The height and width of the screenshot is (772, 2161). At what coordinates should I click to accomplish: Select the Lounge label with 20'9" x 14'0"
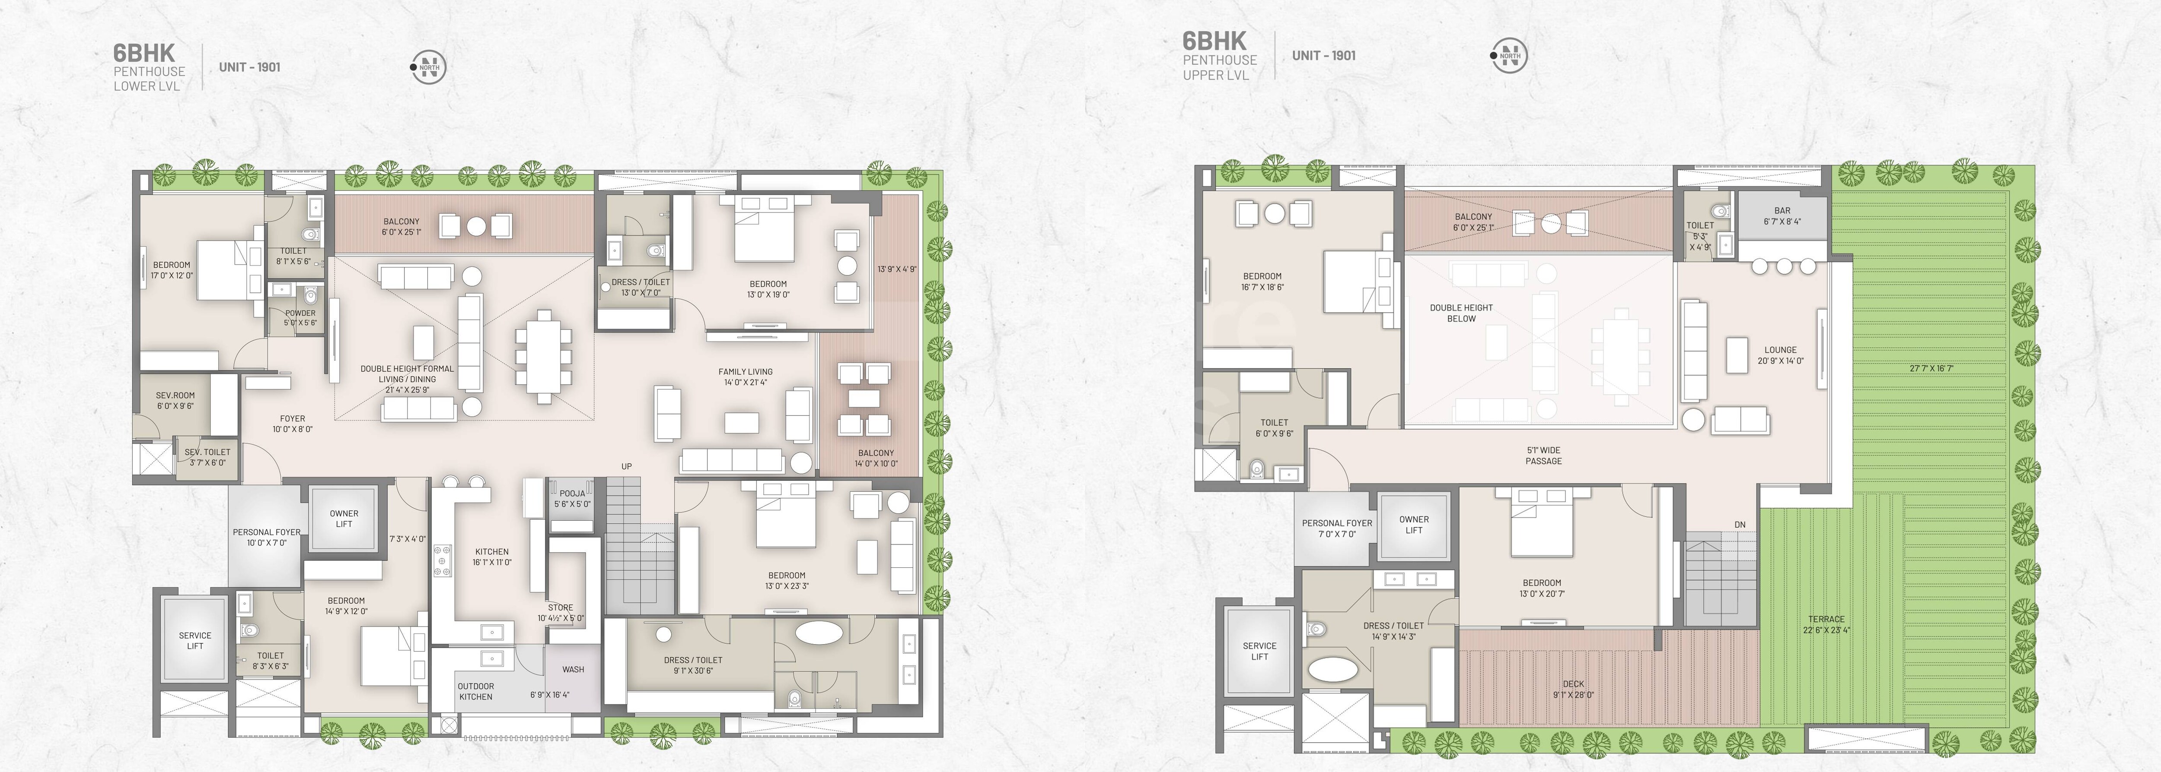(1780, 355)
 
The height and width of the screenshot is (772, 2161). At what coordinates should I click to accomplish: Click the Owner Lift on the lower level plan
(344, 518)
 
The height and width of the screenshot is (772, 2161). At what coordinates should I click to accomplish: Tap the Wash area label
(573, 669)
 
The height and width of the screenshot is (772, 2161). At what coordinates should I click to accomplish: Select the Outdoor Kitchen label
(476, 691)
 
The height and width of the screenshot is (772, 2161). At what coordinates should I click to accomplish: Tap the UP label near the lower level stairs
(626, 466)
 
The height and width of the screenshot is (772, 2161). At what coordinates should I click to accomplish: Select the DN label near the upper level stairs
(1740, 525)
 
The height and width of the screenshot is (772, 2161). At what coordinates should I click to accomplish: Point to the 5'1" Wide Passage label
(1543, 455)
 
